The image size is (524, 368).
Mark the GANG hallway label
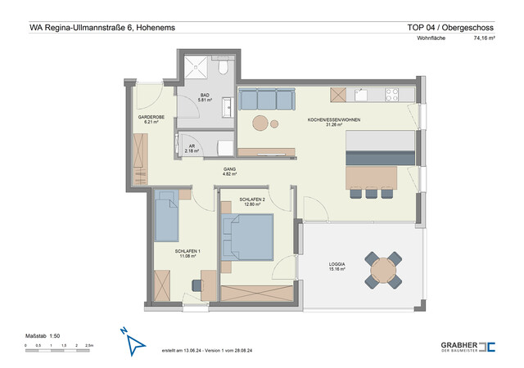click(x=229, y=171)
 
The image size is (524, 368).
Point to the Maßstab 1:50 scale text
click(x=43, y=336)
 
